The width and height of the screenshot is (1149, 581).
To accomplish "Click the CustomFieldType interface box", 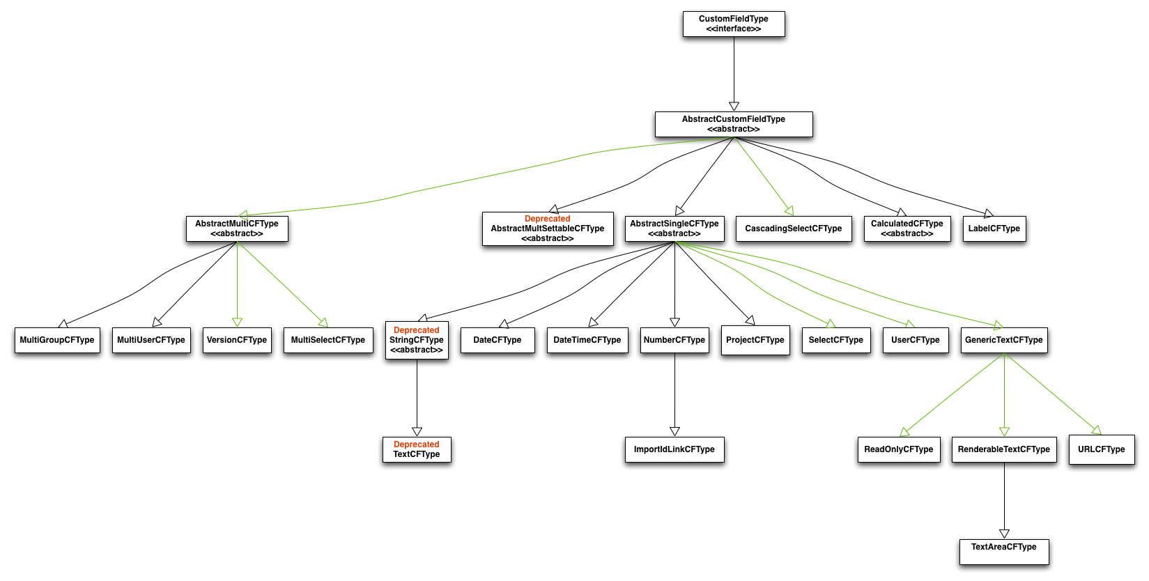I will pyautogui.click(x=733, y=24).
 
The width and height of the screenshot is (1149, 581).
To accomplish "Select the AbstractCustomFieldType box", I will pyautogui.click(x=733, y=124).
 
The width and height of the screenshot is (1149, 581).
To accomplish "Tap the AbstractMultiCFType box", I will pyautogui.click(x=237, y=228).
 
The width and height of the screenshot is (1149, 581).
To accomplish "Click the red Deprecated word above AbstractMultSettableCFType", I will pyautogui.click(x=547, y=219).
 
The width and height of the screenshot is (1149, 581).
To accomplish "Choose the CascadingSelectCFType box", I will pyautogui.click(x=793, y=228).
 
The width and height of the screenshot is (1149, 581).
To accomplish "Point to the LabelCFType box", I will pyautogui.click(x=994, y=228).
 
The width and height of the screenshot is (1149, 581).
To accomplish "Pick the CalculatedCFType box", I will pyautogui.click(x=907, y=228).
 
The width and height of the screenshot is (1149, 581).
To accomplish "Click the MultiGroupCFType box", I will pyautogui.click(x=57, y=340).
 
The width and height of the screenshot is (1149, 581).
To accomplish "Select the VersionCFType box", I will pyautogui.click(x=237, y=340).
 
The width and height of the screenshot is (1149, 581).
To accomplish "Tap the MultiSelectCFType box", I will pyautogui.click(x=327, y=340).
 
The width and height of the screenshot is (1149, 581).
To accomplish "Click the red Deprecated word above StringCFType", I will pyautogui.click(x=417, y=330).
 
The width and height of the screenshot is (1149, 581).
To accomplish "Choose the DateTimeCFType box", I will pyautogui.click(x=587, y=340).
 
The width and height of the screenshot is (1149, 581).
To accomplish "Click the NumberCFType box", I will pyautogui.click(x=674, y=340).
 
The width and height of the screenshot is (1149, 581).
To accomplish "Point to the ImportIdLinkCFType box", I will pyautogui.click(x=674, y=449).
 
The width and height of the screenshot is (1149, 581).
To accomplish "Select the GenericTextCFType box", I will pyautogui.click(x=1003, y=340).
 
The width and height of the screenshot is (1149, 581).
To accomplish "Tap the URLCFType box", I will pyautogui.click(x=1101, y=449).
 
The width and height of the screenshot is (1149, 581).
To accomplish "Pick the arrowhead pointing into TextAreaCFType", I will pyautogui.click(x=1004, y=534).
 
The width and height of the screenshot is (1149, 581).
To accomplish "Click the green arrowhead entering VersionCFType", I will pyautogui.click(x=237, y=322).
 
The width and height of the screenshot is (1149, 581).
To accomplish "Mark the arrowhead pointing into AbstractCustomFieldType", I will pyautogui.click(x=734, y=106).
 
